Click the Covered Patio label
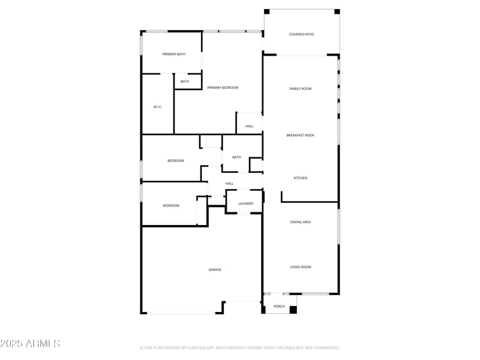301,34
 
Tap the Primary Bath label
174,55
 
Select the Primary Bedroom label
223,88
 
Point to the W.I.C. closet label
158,107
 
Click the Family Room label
301,89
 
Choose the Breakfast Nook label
301,135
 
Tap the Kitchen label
301,178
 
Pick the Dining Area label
301,222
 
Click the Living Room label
301,267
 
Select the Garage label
215,269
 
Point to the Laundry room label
245,203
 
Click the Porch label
279,307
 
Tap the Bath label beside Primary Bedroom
185,82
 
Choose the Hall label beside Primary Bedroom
249,126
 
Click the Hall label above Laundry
229,184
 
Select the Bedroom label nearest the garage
171,206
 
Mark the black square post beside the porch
293,310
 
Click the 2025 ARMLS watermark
30,344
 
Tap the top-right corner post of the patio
337,11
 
